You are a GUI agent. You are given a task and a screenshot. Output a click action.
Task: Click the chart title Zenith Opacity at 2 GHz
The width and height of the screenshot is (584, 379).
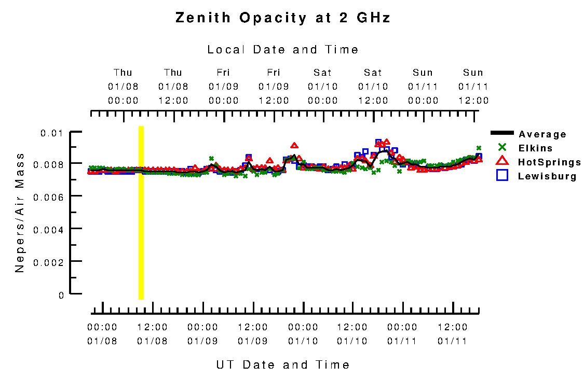pos(283,18)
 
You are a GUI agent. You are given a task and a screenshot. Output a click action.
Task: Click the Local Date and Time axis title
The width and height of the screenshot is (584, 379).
pos(283,50)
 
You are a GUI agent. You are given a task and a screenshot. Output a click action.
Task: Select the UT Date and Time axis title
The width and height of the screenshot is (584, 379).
pos(283,365)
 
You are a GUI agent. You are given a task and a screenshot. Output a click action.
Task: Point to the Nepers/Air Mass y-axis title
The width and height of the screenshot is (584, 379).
pos(20,213)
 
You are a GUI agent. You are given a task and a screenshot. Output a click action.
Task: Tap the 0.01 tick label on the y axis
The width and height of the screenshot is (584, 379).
pos(52,133)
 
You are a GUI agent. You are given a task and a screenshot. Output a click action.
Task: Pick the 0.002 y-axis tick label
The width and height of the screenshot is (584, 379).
pos(49,262)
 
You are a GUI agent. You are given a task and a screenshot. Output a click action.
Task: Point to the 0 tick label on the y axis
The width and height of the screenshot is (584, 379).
pos(61,295)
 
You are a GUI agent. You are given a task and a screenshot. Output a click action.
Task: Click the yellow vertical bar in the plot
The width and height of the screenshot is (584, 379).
pos(141,213)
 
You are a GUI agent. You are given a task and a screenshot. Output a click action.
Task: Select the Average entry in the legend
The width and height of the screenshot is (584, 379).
pos(542,134)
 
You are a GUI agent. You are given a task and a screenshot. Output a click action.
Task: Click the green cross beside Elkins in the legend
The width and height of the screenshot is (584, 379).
pos(502,147)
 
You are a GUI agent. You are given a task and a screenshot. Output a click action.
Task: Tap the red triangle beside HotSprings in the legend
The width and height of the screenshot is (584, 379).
pos(502,161)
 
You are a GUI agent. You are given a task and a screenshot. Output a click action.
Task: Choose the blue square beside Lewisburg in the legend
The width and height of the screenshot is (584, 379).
pos(502,175)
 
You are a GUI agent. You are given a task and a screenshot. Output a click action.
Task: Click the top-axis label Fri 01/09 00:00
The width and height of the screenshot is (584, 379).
pos(223,87)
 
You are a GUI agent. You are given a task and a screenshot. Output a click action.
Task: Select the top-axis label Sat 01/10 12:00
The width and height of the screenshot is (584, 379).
pos(373,87)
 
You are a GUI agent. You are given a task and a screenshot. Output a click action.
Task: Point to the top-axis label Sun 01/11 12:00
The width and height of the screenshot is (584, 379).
pos(473,87)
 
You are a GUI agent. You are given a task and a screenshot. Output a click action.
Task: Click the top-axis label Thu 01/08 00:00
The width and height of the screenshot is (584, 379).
pos(123,87)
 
